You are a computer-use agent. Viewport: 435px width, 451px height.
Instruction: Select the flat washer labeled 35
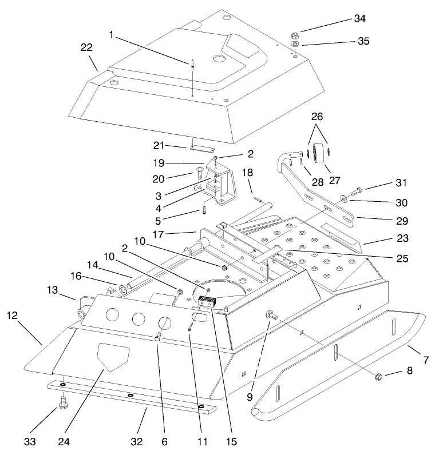(x=294, y=44)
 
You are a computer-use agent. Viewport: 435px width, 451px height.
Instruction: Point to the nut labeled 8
(x=378, y=377)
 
